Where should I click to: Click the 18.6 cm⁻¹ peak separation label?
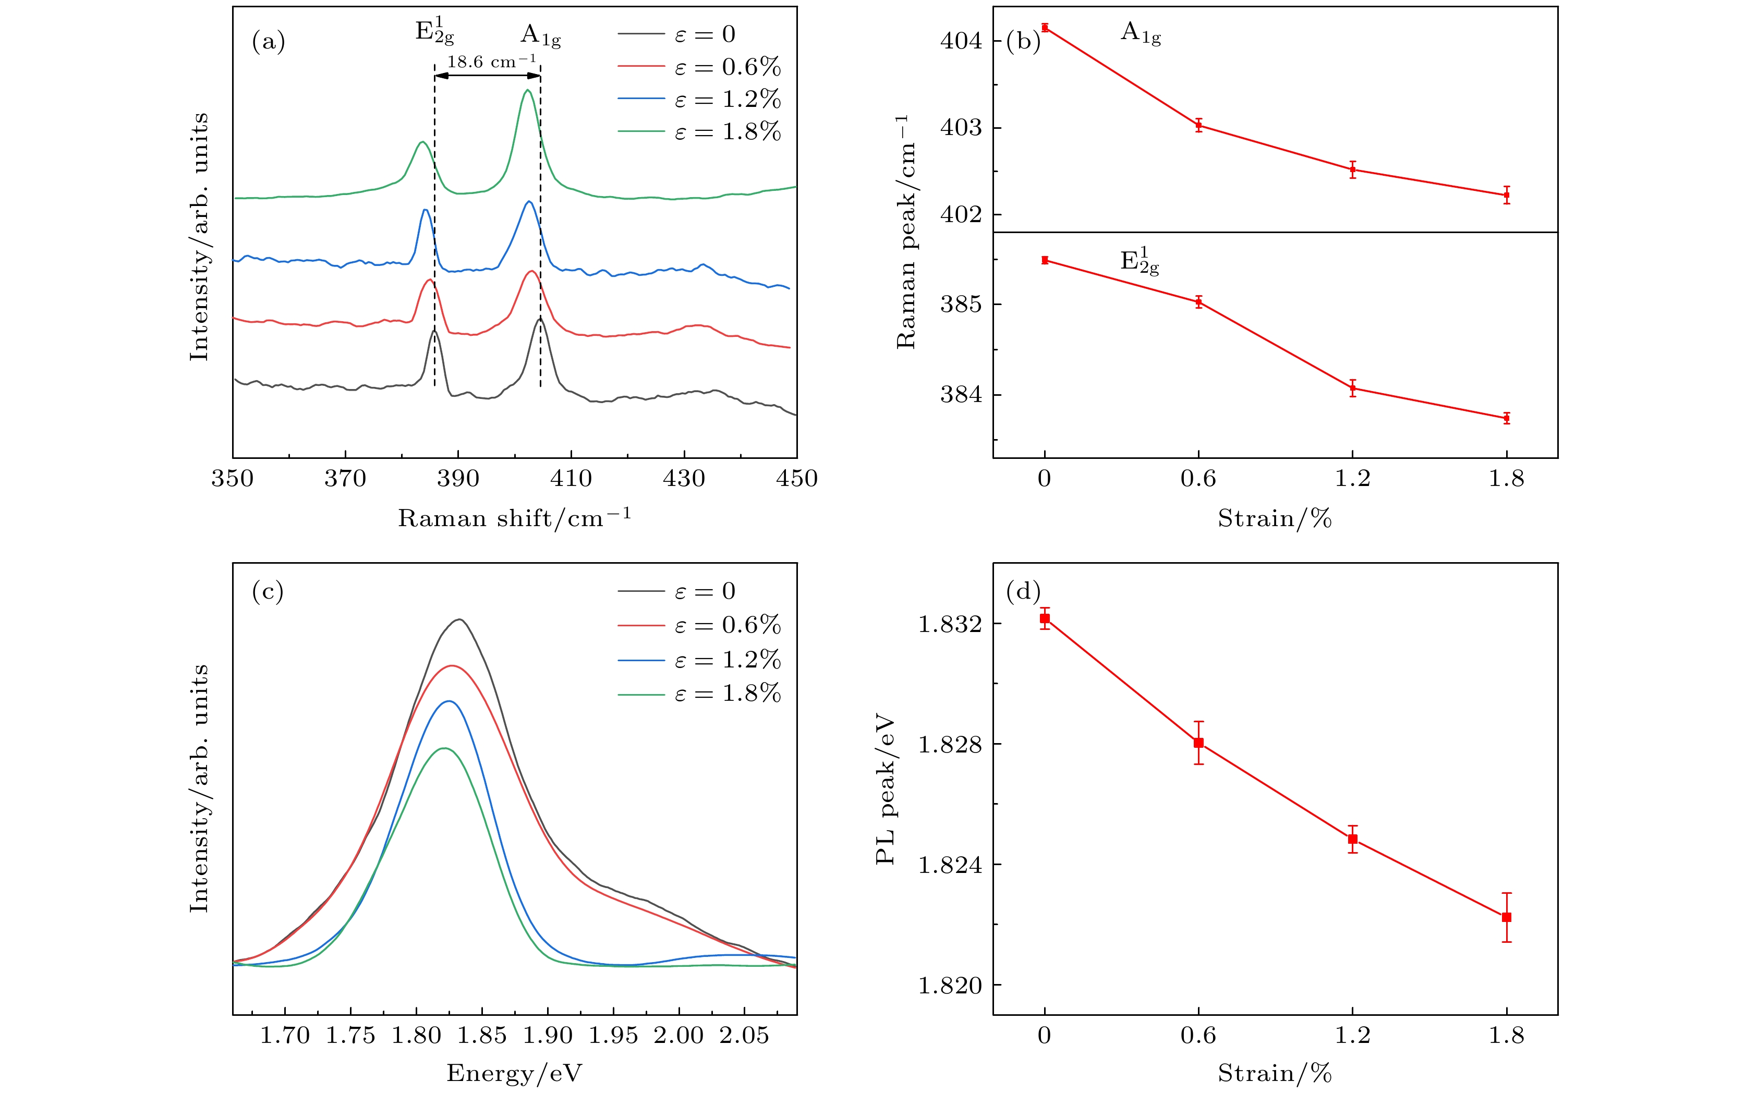tap(492, 62)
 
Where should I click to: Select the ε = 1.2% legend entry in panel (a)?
tap(699, 99)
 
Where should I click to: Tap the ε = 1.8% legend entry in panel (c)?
tap(699, 694)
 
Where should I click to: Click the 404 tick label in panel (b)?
tap(961, 41)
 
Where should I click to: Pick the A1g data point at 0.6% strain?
tap(1198, 125)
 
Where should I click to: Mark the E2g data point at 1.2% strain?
tap(1352, 388)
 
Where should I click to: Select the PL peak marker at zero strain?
tap(1045, 618)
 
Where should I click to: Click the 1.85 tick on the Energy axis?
tap(482, 1035)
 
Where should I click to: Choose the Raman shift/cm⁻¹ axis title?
tap(514, 518)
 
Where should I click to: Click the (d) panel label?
tap(1023, 591)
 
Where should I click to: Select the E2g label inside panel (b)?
tap(1139, 262)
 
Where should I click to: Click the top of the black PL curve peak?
tap(459, 620)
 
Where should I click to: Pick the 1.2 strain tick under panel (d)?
tap(1352, 1035)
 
